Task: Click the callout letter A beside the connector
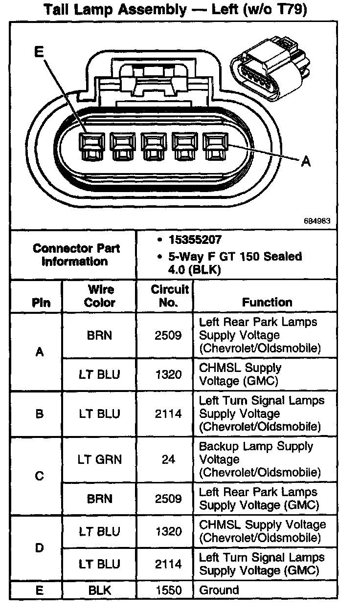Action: (x=306, y=161)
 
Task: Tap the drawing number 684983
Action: (x=317, y=221)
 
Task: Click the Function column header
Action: (x=267, y=303)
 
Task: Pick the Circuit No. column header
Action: (x=169, y=296)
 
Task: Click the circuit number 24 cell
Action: (x=168, y=459)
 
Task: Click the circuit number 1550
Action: (x=168, y=590)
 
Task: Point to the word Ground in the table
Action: (x=219, y=590)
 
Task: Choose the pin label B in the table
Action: (x=40, y=414)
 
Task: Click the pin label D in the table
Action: (x=40, y=548)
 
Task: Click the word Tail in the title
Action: (x=59, y=9)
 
